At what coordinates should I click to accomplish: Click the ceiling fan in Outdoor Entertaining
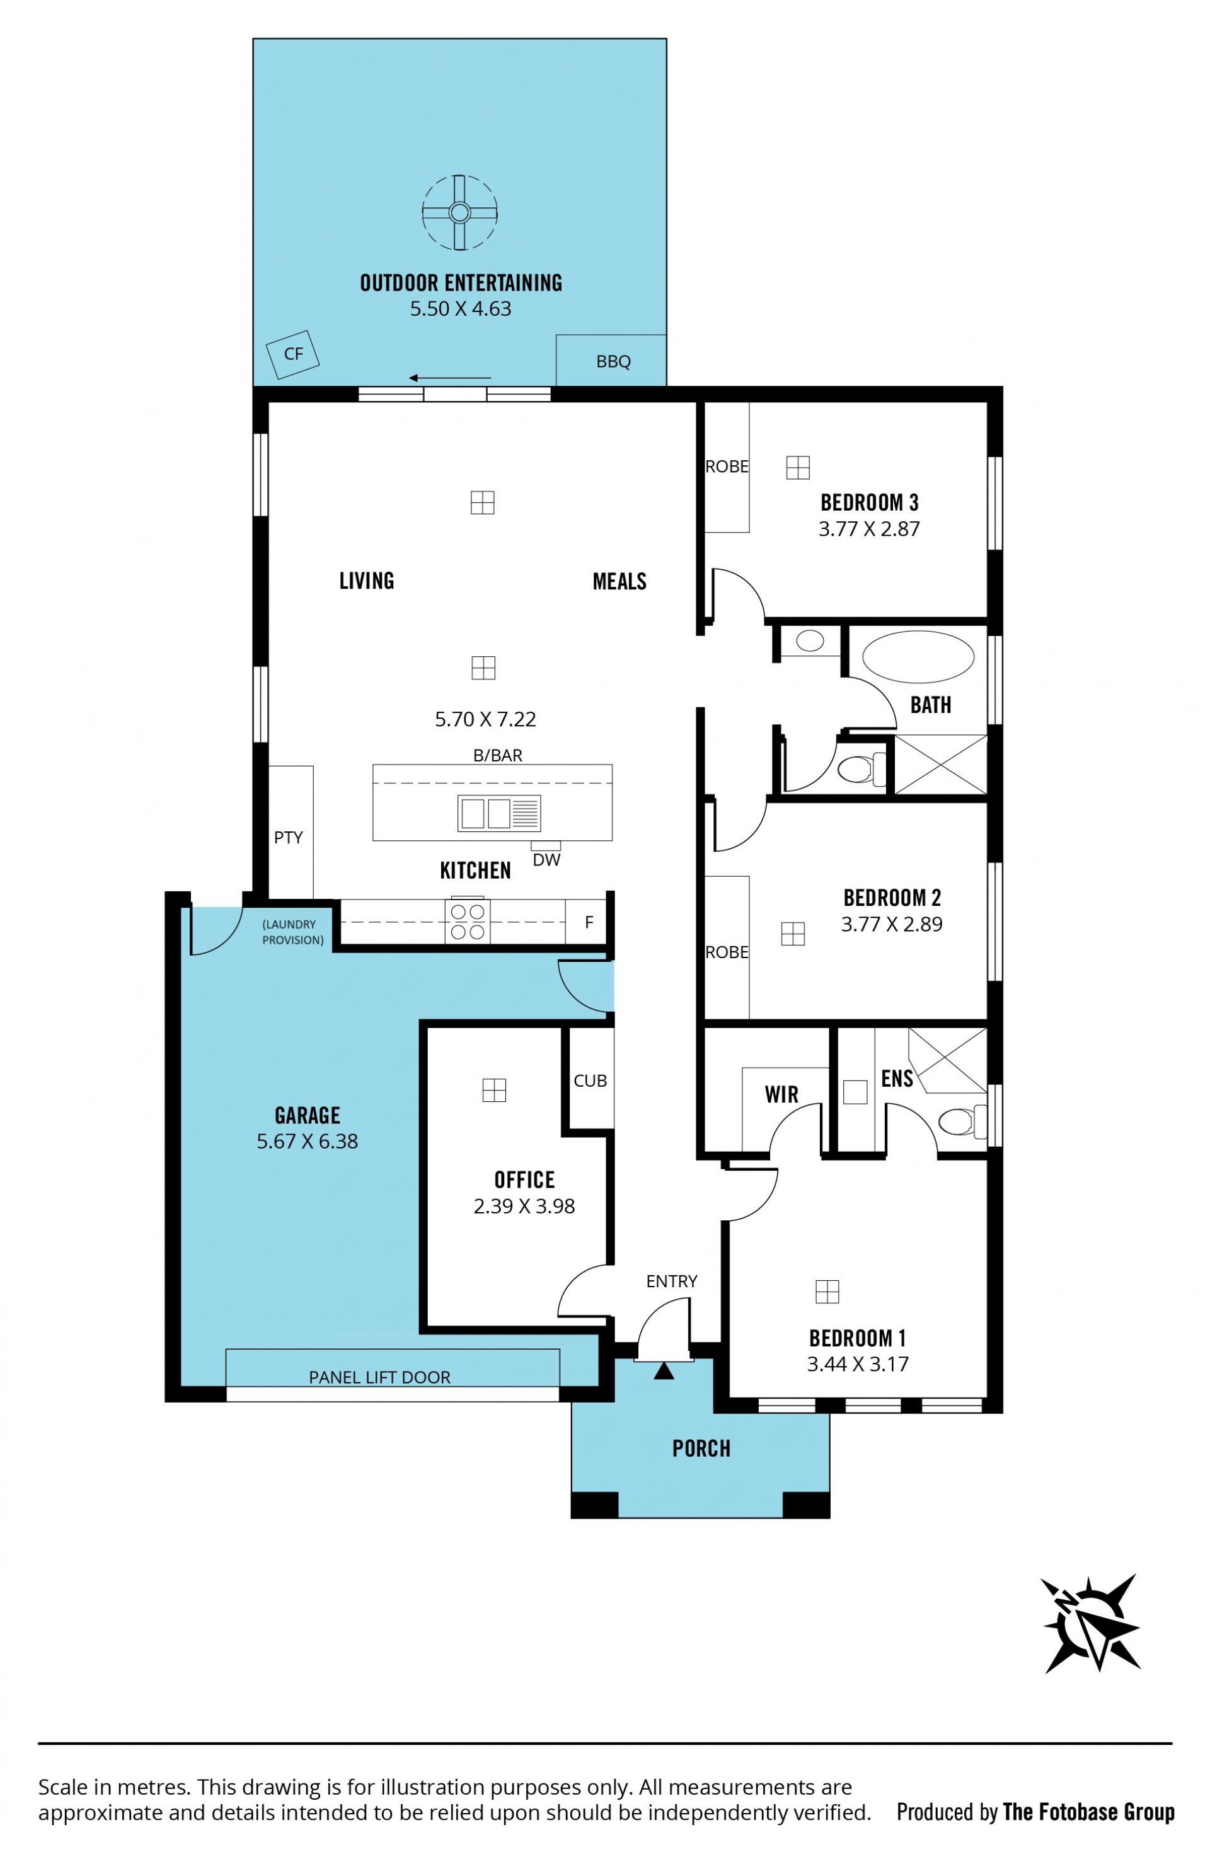tap(459, 212)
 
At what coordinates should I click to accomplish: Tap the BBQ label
tap(613, 362)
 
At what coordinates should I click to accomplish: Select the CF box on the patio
tap(293, 354)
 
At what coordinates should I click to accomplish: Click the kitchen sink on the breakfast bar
tap(499, 813)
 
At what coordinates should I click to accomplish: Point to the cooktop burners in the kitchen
tap(468, 922)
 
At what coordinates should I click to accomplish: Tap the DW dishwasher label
tap(546, 860)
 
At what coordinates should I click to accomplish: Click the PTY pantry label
tap(288, 837)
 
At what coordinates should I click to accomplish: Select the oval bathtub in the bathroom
tap(918, 657)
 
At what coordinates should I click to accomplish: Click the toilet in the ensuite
tap(962, 1121)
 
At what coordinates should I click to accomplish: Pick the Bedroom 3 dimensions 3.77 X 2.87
tap(868, 529)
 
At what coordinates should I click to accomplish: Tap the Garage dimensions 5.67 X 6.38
tap(307, 1141)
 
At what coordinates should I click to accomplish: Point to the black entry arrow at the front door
tap(664, 1370)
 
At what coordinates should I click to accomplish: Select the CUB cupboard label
tap(590, 1081)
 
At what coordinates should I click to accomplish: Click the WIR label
tap(781, 1094)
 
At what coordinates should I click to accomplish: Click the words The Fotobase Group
tap(1088, 1812)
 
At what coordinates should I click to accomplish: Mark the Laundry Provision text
tap(292, 932)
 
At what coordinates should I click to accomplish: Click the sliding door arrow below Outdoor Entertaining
tap(449, 378)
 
